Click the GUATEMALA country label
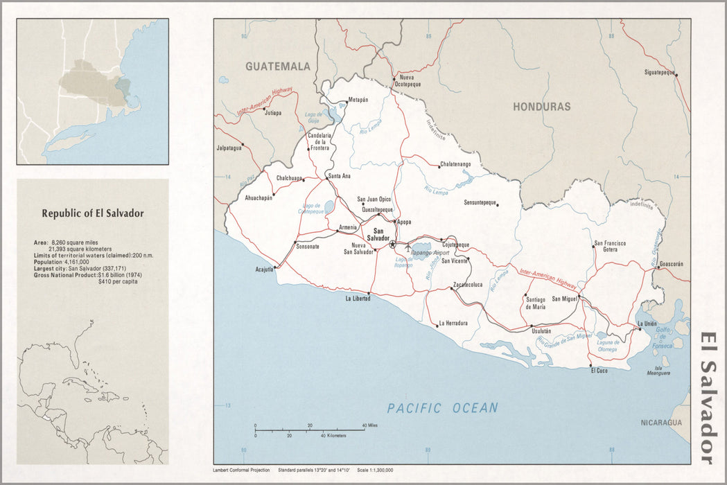click(277, 67)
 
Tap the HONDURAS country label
click(541, 107)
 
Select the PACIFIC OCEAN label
click(442, 408)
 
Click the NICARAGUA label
click(660, 423)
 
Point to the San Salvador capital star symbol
click(392, 245)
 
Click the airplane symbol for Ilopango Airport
click(408, 245)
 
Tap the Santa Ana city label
click(340, 175)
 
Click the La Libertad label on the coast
click(358, 299)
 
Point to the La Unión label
click(647, 324)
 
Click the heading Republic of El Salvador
click(93, 213)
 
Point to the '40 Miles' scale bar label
click(369, 425)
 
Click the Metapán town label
click(358, 100)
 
